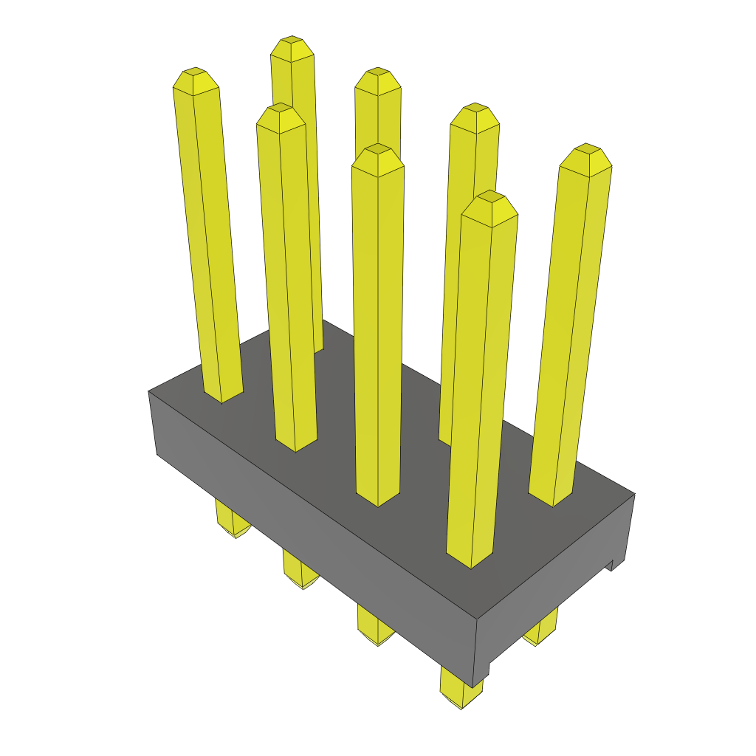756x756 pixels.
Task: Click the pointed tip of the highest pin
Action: point(292,41)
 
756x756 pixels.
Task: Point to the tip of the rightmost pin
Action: point(587,149)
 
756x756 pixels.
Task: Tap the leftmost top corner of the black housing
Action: point(149,391)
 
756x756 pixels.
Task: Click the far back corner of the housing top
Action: point(325,320)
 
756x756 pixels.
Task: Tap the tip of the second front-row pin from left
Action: point(281,109)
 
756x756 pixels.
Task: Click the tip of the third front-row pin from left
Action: point(377,150)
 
